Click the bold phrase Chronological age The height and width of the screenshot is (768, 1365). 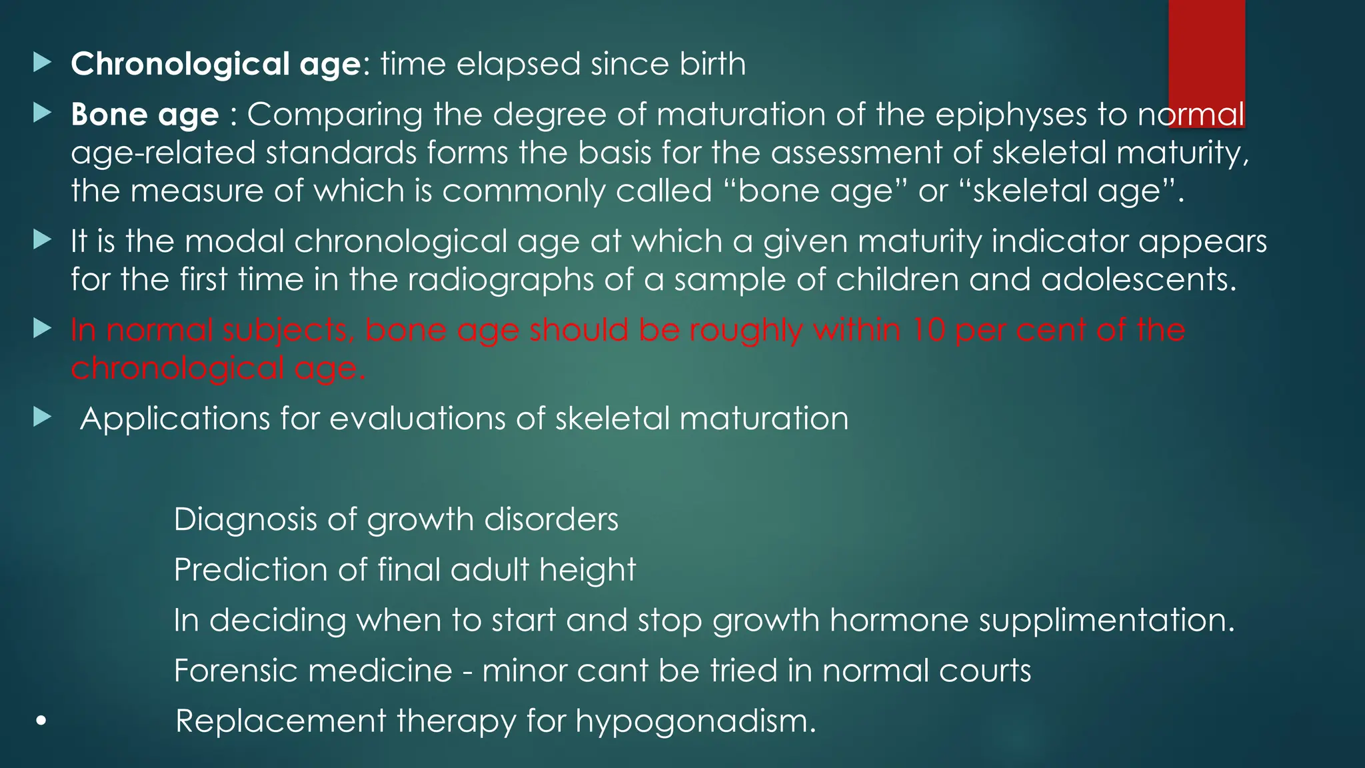(216, 65)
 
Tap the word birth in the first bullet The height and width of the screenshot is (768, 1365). (712, 64)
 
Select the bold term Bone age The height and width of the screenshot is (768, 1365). (145, 115)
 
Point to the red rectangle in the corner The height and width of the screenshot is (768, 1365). (1206, 53)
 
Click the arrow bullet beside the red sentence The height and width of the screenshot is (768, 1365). (42, 329)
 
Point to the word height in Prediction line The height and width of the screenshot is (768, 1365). (587, 569)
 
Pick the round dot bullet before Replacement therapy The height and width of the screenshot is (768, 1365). (41, 721)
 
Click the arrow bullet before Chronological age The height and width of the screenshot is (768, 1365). (42, 63)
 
